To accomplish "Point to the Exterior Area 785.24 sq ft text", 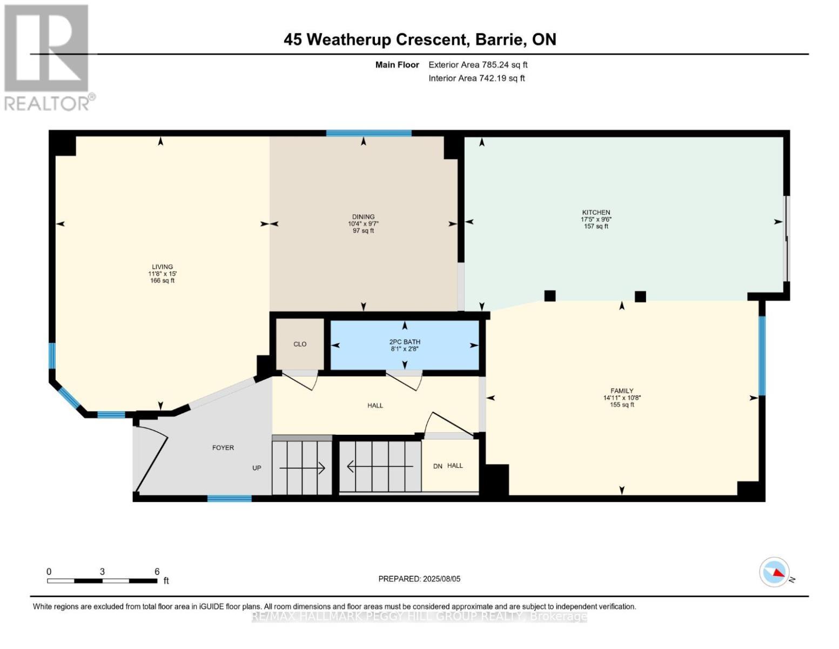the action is pos(478,65).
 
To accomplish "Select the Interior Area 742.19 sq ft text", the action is pos(477,78).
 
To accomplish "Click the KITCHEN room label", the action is pos(596,212).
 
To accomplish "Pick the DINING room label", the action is pos(364,217).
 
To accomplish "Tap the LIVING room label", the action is pos(162,267).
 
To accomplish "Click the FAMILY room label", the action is pos(622,391).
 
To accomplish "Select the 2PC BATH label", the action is pos(405,342).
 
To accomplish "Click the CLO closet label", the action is pos(300,344).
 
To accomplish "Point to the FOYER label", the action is pos(223,448).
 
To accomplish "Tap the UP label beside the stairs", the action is pos(257,468).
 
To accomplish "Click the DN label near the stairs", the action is pos(438,466).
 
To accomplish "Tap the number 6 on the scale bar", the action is pos(157,572).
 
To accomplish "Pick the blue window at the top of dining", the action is pos(369,134).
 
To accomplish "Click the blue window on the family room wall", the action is pos(762,356).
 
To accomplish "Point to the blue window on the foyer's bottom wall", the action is pos(230,498).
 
